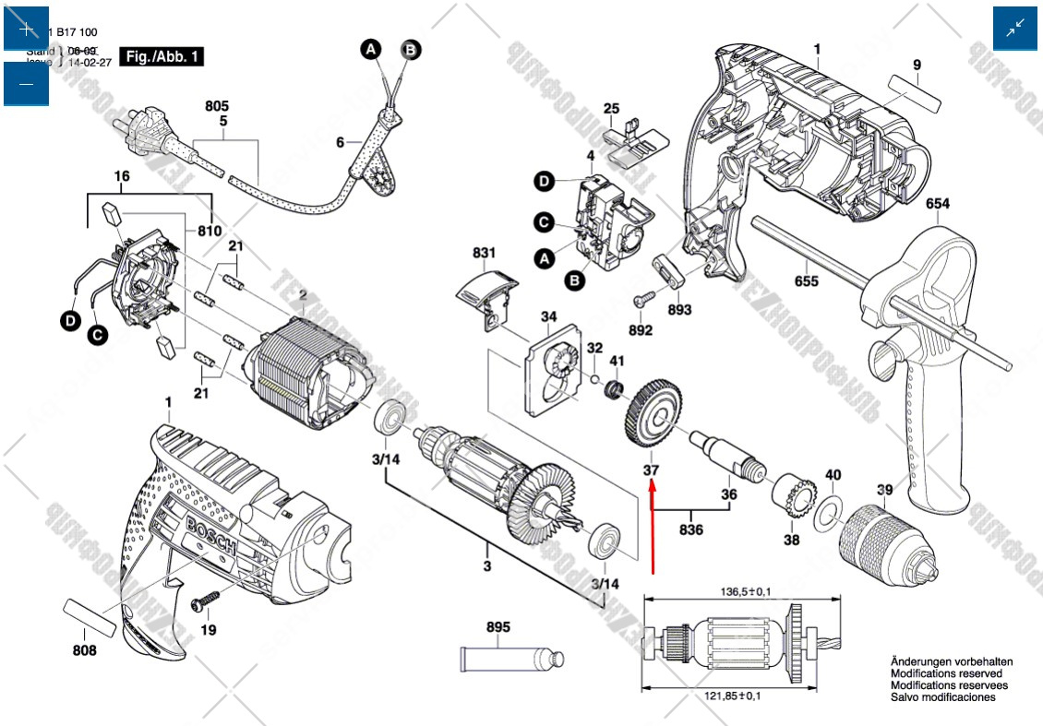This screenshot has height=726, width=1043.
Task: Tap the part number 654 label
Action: (938, 204)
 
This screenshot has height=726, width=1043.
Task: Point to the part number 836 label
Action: (690, 530)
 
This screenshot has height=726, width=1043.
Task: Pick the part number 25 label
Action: (611, 109)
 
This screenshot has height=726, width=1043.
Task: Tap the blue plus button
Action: (26, 29)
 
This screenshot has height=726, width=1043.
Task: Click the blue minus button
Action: (26, 84)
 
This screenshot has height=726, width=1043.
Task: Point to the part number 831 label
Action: (484, 253)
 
